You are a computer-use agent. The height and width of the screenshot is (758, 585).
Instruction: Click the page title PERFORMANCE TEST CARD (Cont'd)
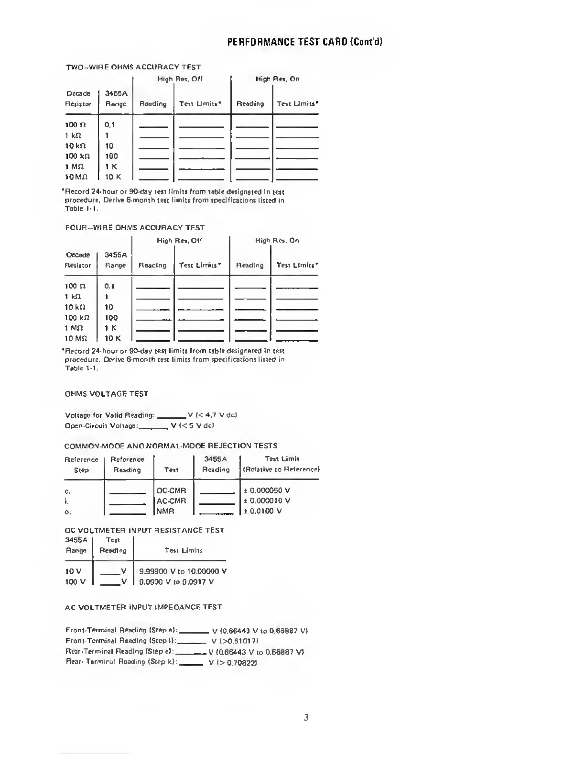(304, 42)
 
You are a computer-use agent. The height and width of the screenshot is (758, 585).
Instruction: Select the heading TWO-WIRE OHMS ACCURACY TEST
(133, 67)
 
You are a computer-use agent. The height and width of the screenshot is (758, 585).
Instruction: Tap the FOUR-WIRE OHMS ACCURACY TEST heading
(134, 228)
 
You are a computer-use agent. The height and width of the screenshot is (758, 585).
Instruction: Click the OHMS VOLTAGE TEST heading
(106, 394)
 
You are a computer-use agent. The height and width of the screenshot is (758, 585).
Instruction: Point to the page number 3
(306, 717)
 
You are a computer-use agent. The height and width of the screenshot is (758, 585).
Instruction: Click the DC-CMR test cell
(171, 490)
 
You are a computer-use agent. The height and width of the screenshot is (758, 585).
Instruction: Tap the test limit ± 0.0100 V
(262, 511)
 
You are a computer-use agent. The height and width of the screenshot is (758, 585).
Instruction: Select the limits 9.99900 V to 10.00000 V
(183, 571)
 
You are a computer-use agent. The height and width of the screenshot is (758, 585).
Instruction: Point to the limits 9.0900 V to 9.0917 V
(176, 582)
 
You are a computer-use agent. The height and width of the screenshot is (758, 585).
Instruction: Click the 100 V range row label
(75, 582)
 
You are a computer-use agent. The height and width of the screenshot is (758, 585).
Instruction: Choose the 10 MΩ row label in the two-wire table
(76, 177)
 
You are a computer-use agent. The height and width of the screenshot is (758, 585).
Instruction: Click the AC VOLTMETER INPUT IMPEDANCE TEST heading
(143, 607)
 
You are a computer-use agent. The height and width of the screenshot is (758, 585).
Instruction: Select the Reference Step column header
(81, 465)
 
